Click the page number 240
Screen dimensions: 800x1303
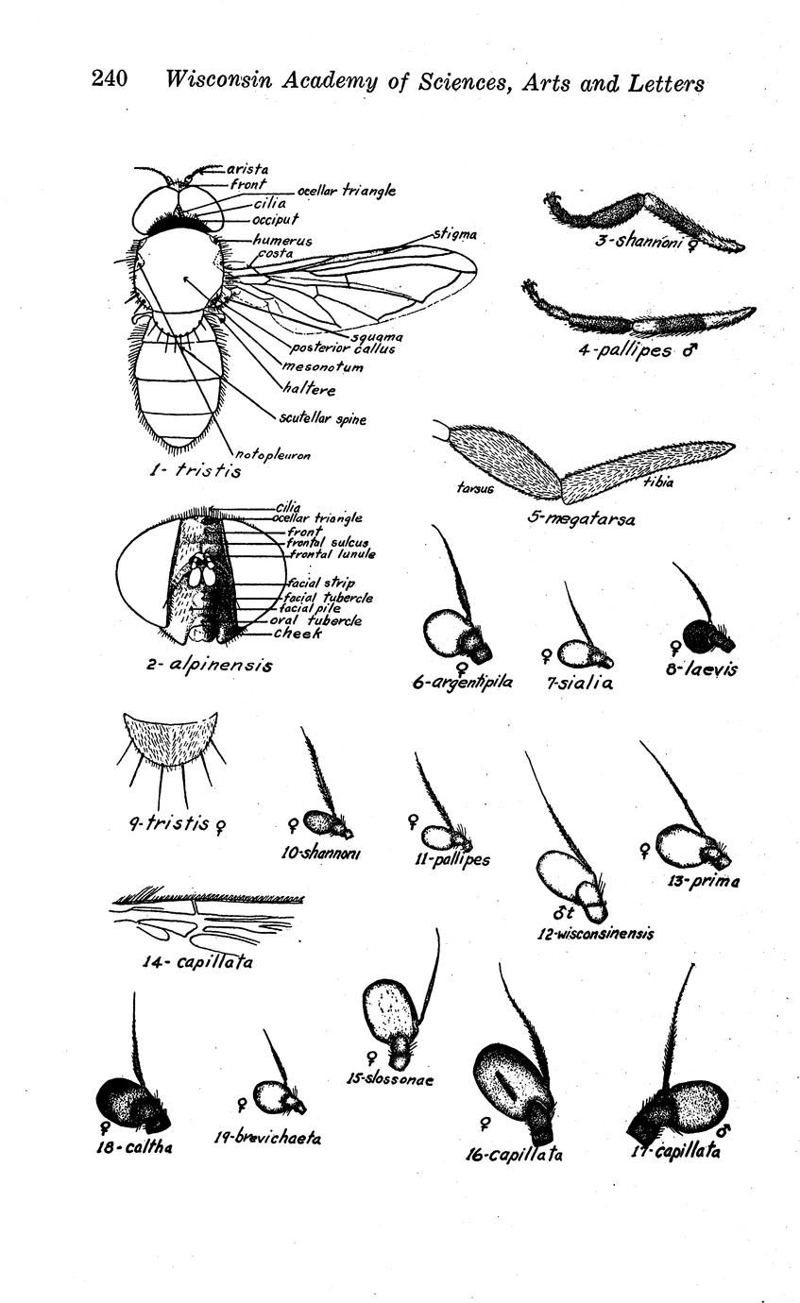(110, 78)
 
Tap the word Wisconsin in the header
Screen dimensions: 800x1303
(219, 79)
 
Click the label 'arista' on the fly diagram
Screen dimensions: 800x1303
(247, 169)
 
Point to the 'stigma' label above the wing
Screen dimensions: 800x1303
(455, 234)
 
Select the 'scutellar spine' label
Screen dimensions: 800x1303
(323, 419)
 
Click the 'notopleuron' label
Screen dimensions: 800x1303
(273, 455)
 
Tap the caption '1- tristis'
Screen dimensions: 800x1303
(196, 470)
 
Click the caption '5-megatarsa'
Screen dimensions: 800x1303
(581, 518)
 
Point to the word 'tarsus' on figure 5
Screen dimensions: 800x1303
(475, 489)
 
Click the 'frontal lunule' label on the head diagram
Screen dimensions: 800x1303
(332, 553)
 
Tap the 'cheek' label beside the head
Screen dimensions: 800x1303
(298, 633)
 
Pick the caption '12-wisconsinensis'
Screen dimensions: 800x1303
(595, 934)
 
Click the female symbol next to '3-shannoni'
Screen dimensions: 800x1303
(692, 245)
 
